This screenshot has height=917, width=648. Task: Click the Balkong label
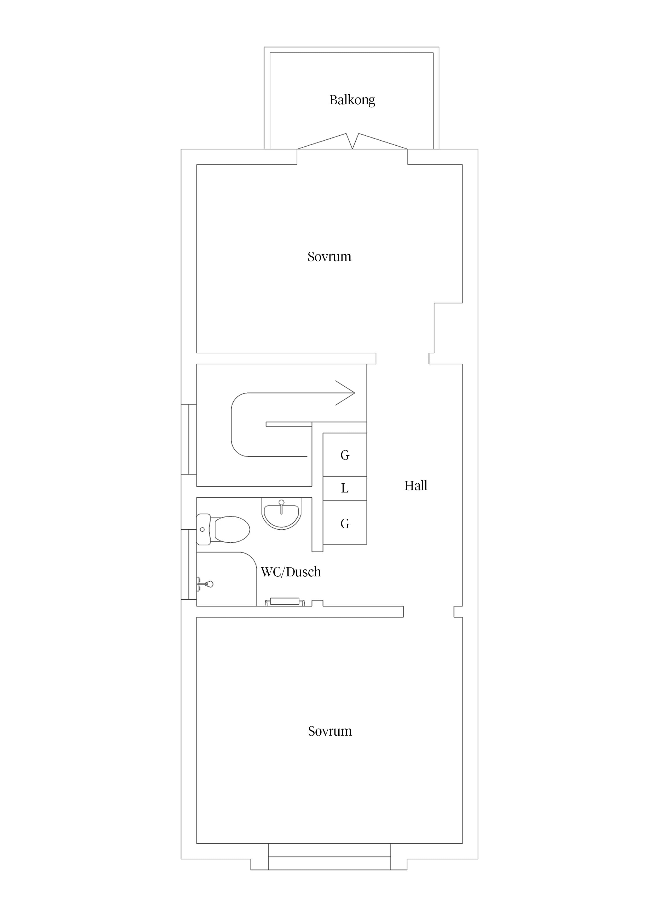click(x=352, y=100)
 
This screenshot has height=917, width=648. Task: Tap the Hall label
click(x=416, y=486)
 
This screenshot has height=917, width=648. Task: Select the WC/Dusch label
click(x=291, y=572)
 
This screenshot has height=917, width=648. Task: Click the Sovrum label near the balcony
click(x=329, y=256)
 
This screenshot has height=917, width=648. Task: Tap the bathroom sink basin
click(x=281, y=515)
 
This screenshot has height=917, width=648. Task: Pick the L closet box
click(x=345, y=489)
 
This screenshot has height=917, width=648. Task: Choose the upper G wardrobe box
click(x=345, y=455)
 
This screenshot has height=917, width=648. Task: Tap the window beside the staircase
click(x=189, y=439)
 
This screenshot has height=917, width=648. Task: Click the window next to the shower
click(x=189, y=564)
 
